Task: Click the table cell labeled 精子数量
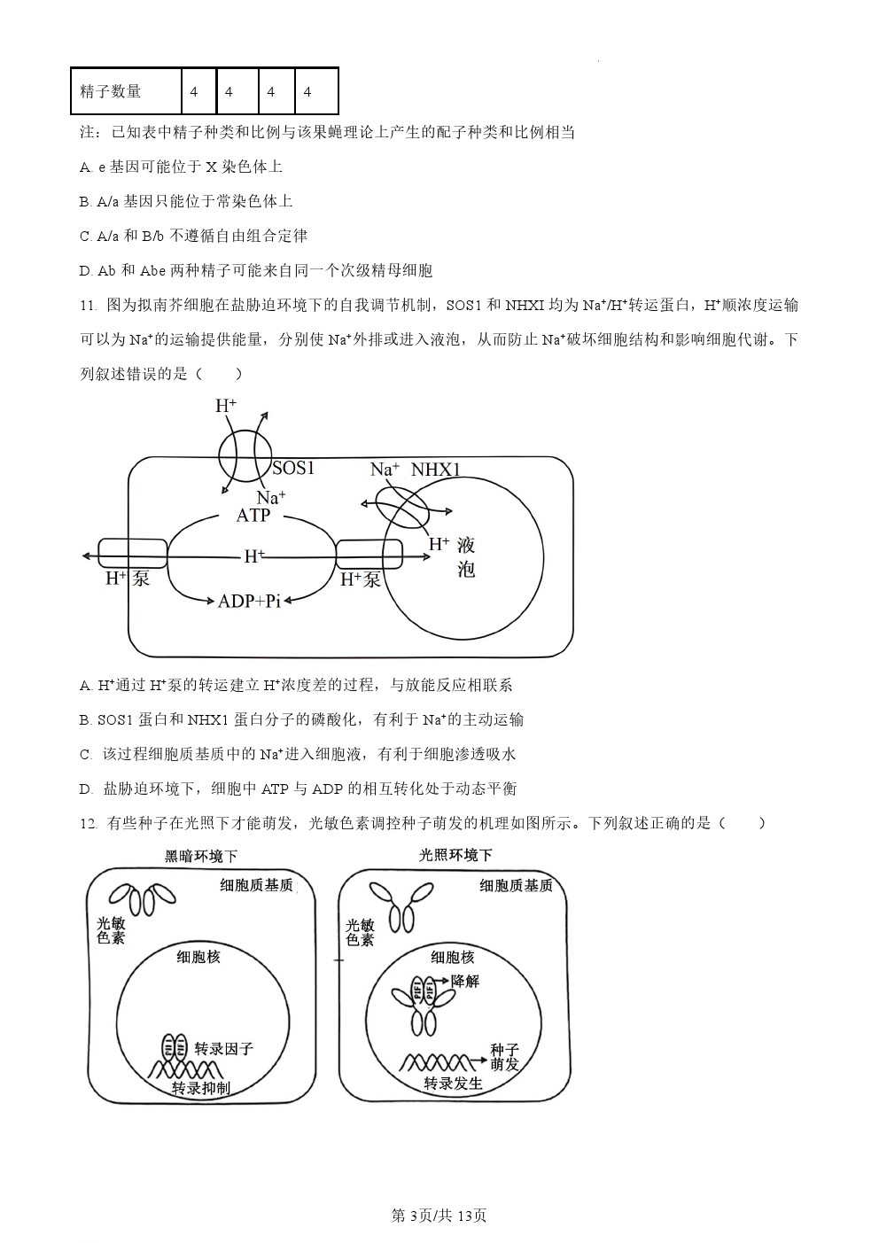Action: [x=127, y=91]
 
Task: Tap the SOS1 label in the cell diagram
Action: [x=293, y=468]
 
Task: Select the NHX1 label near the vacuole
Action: [x=436, y=470]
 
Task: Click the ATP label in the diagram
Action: [x=253, y=516]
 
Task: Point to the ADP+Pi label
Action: [x=250, y=601]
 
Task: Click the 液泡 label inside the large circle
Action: [x=466, y=557]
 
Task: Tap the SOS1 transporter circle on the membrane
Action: [x=245, y=456]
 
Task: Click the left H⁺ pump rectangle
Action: [x=133, y=553]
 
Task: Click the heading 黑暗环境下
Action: [x=201, y=856]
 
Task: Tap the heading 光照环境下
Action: [x=455, y=855]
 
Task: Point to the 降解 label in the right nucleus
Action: [x=465, y=981]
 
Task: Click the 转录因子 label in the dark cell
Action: [x=224, y=1048]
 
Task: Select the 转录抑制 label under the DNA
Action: [x=201, y=1088]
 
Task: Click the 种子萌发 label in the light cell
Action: [x=504, y=1057]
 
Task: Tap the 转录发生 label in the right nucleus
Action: [x=453, y=1083]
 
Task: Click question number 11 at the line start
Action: [x=89, y=305]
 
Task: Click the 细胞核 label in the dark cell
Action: [x=198, y=956]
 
